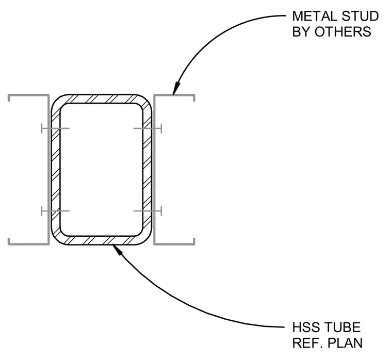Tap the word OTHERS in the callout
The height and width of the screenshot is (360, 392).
(x=343, y=32)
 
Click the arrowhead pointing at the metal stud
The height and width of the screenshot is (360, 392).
(x=176, y=88)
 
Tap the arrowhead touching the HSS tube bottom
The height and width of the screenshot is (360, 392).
(x=118, y=249)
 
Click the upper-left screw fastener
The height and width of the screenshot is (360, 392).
(x=55, y=128)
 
